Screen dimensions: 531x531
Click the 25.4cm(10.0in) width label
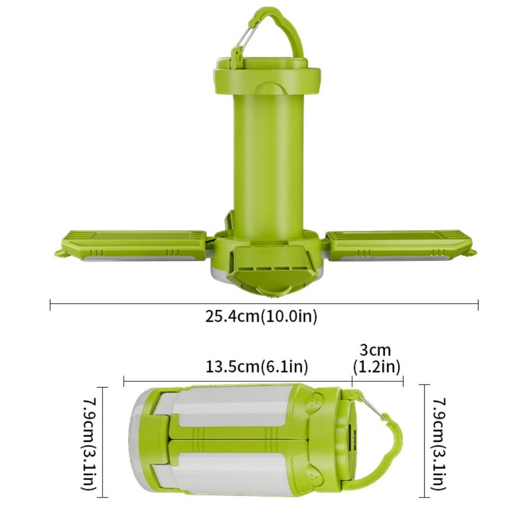click(261, 316)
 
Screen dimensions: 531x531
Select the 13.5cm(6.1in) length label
click(256, 366)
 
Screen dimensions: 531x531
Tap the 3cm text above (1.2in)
click(375, 350)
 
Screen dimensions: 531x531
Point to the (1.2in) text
click(376, 366)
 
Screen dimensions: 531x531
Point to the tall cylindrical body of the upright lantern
click(269, 159)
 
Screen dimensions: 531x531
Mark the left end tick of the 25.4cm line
click(50, 305)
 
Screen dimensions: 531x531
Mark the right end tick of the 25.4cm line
click(478, 305)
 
